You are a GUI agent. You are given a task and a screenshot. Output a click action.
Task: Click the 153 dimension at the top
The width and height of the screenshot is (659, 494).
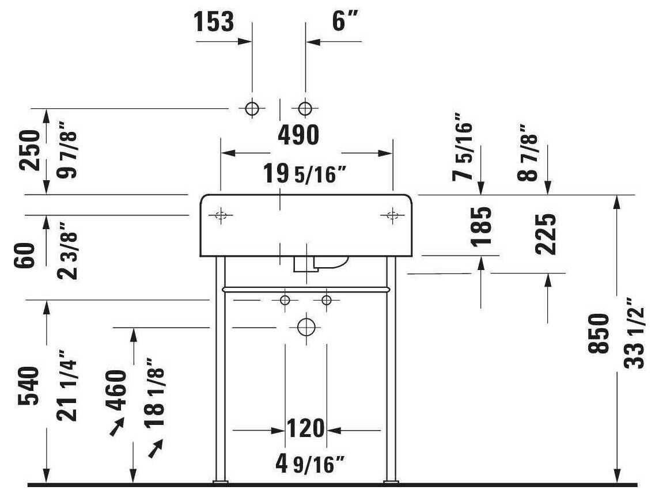tap(214, 22)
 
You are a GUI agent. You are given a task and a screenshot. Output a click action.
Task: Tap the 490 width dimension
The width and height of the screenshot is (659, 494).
tap(298, 135)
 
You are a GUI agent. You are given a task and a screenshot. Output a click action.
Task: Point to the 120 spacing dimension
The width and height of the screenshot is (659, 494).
tap(305, 430)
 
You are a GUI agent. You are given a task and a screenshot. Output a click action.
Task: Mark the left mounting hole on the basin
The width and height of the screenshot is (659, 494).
tap(221, 215)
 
